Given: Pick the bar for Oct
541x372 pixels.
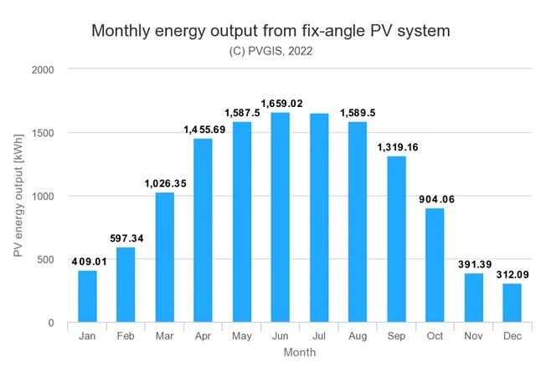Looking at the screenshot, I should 435,265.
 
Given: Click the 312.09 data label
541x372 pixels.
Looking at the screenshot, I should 513,273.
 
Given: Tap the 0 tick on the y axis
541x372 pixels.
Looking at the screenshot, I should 51,323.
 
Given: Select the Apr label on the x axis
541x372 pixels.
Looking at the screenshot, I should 203,336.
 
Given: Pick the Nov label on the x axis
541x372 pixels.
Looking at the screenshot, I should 473,336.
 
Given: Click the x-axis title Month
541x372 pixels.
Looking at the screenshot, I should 299,353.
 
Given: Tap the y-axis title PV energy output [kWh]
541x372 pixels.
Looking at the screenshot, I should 18,196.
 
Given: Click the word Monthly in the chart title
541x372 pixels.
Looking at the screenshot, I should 125,31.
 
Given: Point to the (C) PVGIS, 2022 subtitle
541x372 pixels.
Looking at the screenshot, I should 270,51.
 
